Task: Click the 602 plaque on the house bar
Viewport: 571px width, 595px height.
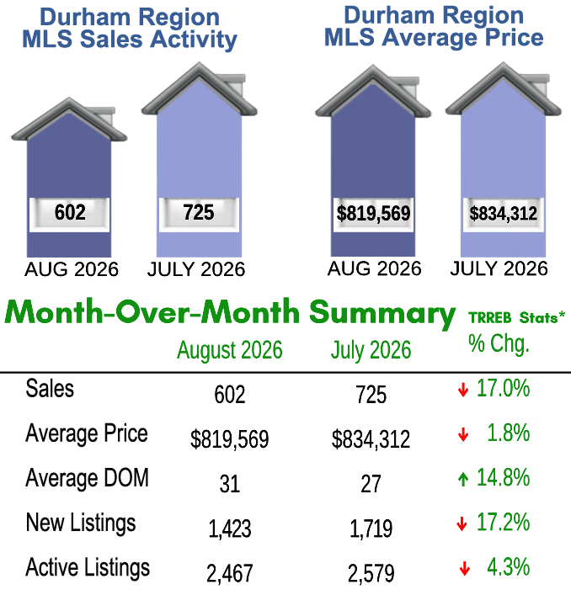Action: coord(69,215)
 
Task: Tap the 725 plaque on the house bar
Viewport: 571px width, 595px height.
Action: coord(199,215)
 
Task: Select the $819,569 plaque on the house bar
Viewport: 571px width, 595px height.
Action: coord(374,215)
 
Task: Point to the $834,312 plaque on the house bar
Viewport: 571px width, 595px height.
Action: coord(504,215)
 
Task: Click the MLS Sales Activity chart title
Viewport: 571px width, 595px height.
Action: coord(130,29)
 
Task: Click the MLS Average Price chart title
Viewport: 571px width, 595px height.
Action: coord(434,27)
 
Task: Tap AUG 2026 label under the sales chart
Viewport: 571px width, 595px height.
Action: coord(72,269)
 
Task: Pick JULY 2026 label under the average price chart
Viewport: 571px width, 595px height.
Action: coord(499,268)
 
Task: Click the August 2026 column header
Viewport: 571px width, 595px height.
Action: coord(230,350)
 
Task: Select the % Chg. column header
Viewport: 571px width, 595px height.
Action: coord(499,344)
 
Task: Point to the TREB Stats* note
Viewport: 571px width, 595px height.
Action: coord(517,317)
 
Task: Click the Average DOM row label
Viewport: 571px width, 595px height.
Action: coord(87,478)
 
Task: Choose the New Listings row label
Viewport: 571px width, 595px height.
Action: coord(81,523)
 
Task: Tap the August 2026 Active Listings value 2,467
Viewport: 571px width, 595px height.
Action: coord(230,573)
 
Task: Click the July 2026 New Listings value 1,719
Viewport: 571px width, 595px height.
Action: coord(371,529)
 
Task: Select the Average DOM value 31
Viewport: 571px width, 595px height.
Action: coord(230,484)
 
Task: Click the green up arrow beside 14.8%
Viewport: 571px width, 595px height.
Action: coord(463,479)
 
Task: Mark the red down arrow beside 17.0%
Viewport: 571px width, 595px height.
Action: coord(463,390)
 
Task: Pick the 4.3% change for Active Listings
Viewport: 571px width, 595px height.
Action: coord(509,567)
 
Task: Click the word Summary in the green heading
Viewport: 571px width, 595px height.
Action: coord(382,313)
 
